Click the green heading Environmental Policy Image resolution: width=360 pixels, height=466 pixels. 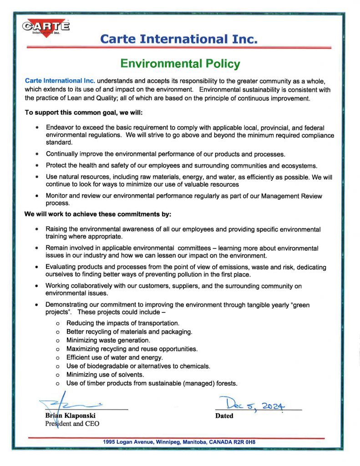[180, 63]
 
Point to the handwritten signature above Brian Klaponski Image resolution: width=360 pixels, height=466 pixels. [73, 403]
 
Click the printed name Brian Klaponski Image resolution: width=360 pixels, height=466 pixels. [70, 415]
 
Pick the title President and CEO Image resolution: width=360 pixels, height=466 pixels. [72, 424]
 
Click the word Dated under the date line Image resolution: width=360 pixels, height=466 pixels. [224, 415]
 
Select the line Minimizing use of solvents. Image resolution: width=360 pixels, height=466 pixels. [105, 375]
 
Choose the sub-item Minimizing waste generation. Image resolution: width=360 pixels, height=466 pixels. [108, 340]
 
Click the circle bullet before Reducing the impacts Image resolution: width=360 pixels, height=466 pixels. [58, 323]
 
